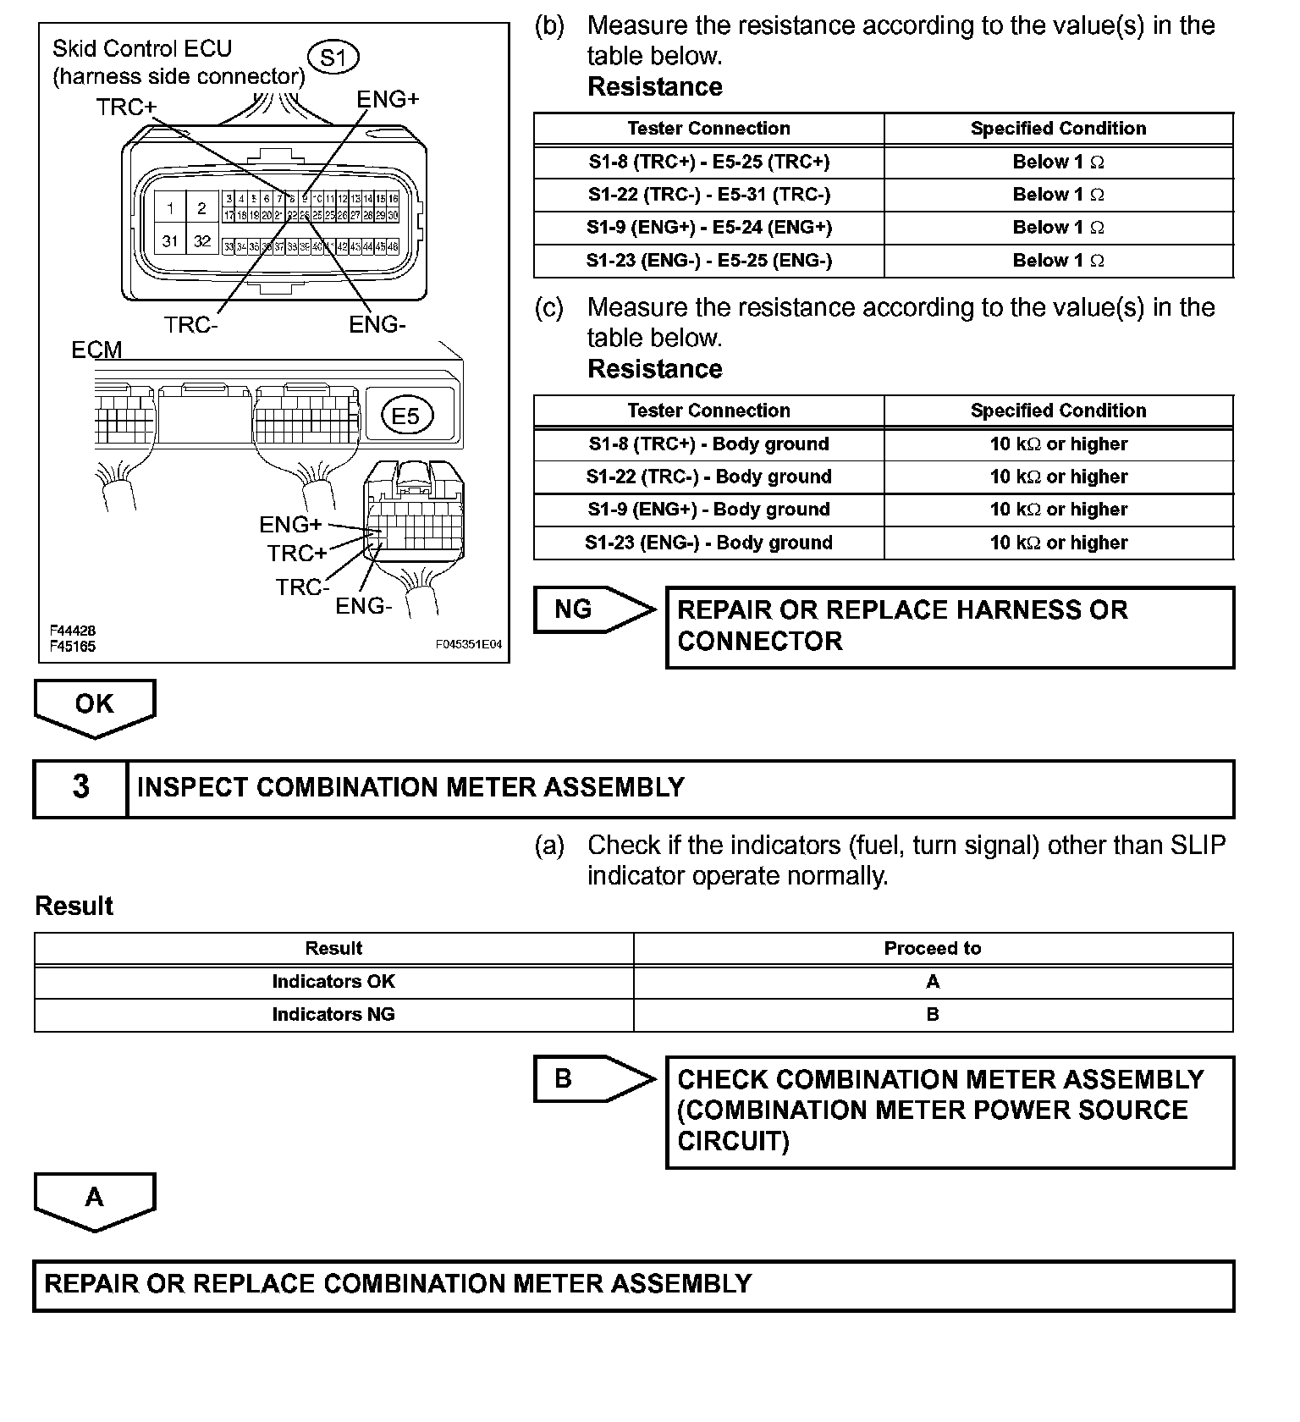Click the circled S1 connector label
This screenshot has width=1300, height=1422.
point(334,58)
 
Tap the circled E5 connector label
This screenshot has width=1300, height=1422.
point(405,416)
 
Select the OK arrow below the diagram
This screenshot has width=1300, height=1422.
point(94,705)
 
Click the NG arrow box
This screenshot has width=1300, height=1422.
point(592,609)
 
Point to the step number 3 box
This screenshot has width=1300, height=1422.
point(80,787)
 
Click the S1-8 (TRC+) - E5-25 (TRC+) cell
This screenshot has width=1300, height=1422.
point(708,162)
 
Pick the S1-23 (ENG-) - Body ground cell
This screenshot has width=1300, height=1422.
point(708,543)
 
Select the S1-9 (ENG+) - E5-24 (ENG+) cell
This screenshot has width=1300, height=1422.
point(708,227)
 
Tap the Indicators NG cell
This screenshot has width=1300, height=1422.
point(333,1014)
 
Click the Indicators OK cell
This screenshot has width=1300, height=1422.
point(333,981)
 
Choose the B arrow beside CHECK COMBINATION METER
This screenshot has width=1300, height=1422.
point(592,1078)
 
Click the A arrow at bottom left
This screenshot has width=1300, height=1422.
point(94,1199)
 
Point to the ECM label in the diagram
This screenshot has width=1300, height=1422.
point(96,350)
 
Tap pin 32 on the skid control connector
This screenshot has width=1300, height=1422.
point(201,241)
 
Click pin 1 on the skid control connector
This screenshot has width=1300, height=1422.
point(170,208)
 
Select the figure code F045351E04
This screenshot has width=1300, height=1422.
point(469,644)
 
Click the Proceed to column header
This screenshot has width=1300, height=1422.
point(932,948)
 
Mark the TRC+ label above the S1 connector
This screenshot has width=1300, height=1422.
point(126,107)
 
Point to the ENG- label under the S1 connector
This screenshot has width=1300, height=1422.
point(377,324)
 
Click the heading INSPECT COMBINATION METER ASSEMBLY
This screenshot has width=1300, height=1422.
point(410,787)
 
